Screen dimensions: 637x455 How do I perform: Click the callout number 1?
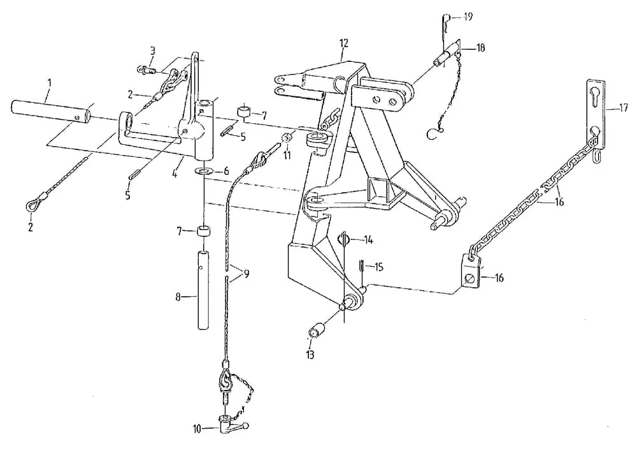(50, 84)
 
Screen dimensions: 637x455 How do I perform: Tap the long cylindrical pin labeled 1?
(51, 111)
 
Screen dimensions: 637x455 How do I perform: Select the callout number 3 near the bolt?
(152, 51)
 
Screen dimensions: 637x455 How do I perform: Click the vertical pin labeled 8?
(204, 289)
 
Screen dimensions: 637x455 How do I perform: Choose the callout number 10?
(197, 429)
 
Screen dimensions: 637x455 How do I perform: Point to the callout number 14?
(368, 240)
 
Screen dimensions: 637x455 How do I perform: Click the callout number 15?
(378, 267)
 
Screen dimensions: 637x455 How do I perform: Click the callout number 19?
(468, 17)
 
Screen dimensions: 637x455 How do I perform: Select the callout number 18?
(480, 48)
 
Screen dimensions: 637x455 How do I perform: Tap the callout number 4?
(175, 174)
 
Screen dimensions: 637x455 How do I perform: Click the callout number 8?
(178, 297)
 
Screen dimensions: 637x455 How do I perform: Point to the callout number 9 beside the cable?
(246, 274)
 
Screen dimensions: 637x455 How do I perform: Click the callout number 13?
(310, 355)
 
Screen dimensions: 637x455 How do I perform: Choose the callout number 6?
(226, 171)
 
